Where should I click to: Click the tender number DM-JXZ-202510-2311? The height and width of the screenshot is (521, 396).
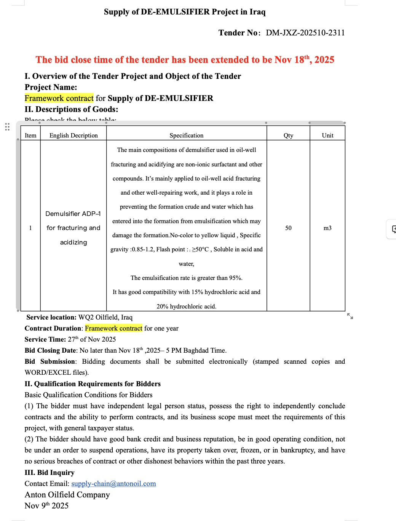tap(305, 33)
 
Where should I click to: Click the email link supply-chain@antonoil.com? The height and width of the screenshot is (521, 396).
tap(113, 484)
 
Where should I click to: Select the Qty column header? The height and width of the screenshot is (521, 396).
tap(288, 135)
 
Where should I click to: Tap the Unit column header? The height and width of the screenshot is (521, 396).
tap(327, 135)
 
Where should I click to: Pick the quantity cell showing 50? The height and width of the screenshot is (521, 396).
tap(288, 228)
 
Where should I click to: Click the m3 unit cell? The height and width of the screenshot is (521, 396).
tap(327, 228)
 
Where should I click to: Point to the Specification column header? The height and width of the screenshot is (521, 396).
tap(186, 135)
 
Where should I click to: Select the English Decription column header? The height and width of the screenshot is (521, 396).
tap(73, 135)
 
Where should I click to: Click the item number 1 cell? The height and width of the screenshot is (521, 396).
tap(30, 228)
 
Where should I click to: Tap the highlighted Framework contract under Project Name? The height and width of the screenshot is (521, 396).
tap(59, 98)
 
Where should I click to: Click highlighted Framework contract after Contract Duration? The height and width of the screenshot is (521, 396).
tap(113, 328)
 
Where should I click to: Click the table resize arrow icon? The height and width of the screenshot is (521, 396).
tap(350, 316)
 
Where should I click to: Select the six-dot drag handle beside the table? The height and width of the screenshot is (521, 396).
tap(7, 127)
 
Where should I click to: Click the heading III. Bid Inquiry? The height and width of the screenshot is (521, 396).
tap(49, 473)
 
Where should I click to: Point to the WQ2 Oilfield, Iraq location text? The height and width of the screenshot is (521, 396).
tap(105, 317)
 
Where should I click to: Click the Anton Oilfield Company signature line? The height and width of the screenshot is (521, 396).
tap(67, 495)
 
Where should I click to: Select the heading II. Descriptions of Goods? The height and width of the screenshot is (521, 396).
tap(71, 109)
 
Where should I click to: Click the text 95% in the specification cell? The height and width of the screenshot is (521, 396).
tap(235, 278)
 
